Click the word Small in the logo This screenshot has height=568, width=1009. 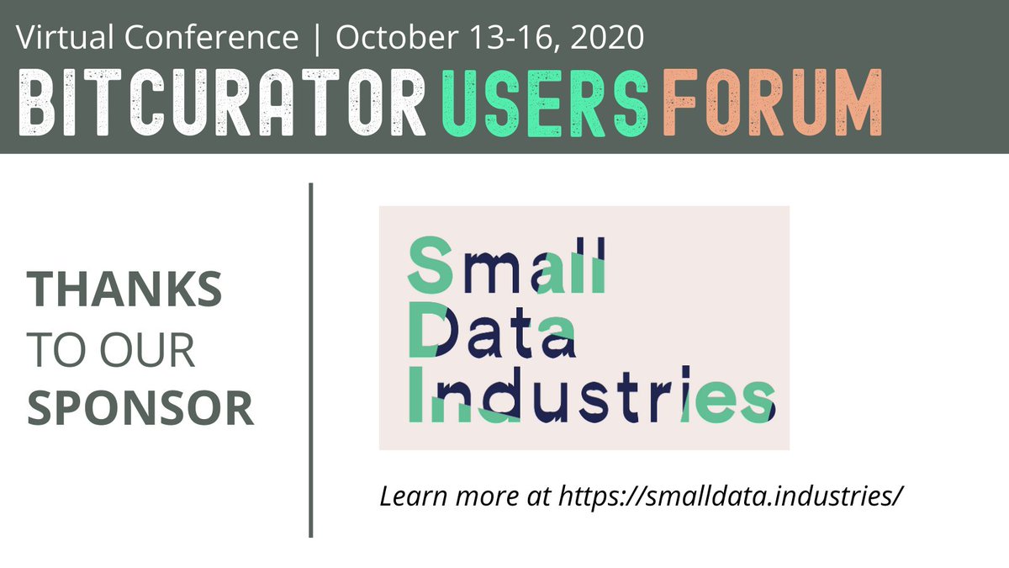click(x=506, y=263)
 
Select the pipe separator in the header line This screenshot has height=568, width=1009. click(x=316, y=37)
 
